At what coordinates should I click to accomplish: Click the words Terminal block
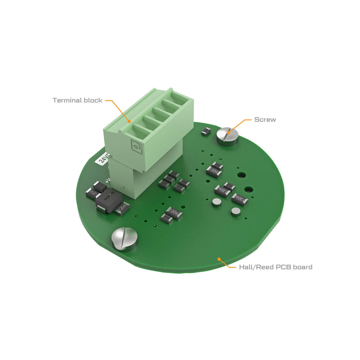coord(77,100)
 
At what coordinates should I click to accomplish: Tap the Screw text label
coord(265,119)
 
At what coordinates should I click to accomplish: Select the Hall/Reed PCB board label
coord(276,267)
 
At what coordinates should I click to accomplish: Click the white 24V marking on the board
coord(103,157)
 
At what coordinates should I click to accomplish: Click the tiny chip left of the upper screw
coord(205,132)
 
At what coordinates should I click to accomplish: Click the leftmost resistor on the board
coord(94,193)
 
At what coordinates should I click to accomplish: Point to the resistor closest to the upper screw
coord(214,169)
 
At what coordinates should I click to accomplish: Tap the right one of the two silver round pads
coord(236,211)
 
